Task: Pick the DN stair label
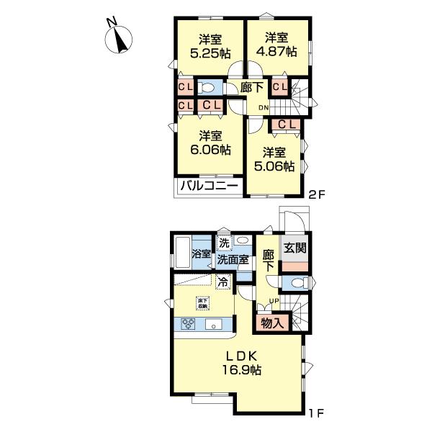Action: [x=264, y=108]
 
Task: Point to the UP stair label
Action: [x=274, y=300]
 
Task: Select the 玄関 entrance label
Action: [x=294, y=249]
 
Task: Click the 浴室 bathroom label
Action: [x=201, y=254]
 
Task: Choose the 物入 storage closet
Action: [x=271, y=323]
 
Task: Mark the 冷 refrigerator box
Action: [x=223, y=282]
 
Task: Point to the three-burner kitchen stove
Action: [x=189, y=323]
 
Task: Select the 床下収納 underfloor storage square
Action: [x=204, y=302]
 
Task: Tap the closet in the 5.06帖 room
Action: [x=285, y=125]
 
